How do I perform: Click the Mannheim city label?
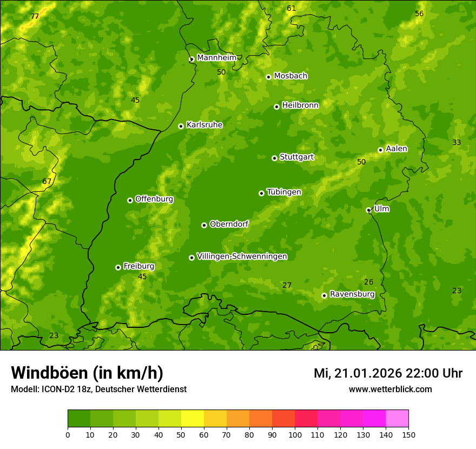[216, 58]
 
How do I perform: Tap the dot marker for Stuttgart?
[274, 158]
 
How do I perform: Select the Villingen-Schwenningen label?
[242, 256]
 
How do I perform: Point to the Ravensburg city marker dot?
[324, 295]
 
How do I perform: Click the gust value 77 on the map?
[35, 17]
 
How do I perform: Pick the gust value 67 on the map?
[47, 181]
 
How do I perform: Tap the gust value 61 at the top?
[292, 8]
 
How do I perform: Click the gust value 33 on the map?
[457, 142]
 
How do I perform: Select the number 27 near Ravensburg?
[287, 285]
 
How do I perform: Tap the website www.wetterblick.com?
[390, 389]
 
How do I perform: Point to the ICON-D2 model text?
[63, 389]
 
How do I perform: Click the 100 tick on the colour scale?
[295, 434]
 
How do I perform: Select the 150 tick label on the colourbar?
[408, 434]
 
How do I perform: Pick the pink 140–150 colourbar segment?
[397, 419]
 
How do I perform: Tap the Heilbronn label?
[300, 105]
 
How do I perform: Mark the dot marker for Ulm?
[368, 210]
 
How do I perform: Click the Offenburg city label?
[154, 199]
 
